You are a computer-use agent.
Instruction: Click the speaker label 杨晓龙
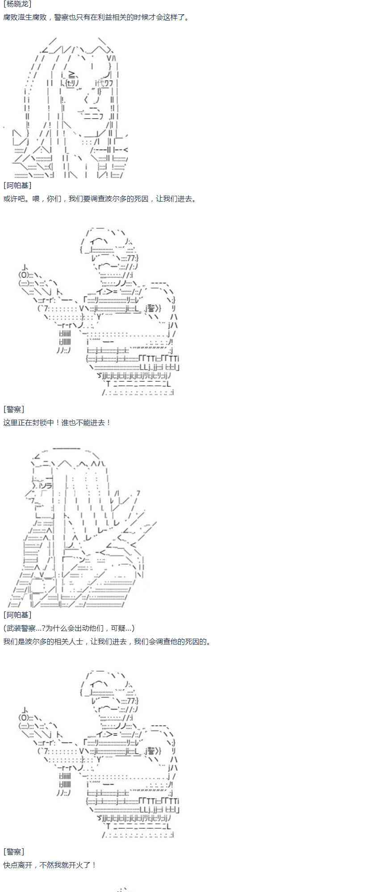click(x=17, y=4)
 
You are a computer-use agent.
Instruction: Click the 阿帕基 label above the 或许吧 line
click(x=17, y=185)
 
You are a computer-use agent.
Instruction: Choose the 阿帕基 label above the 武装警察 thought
click(x=17, y=615)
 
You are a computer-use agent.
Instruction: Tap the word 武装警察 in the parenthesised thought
click(x=21, y=628)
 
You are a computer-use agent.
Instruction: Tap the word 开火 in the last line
click(x=79, y=865)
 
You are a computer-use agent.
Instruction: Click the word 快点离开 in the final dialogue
click(x=18, y=865)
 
